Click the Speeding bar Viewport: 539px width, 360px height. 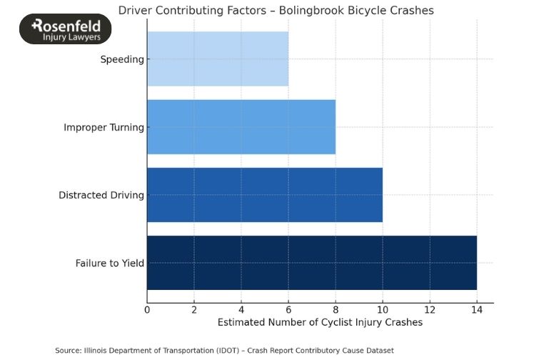pos(218,59)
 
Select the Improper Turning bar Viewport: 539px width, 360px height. pos(241,127)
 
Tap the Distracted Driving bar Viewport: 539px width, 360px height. pos(265,195)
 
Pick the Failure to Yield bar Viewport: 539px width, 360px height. pos(312,263)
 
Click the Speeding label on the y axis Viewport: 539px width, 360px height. pos(122,59)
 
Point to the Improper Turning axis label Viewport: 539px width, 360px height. pos(104,127)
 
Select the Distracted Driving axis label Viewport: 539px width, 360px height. pos(101,195)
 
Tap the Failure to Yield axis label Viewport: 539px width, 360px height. pos(110,263)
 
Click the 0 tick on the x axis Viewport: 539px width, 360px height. pos(147,309)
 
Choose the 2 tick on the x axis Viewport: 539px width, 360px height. pos(194,309)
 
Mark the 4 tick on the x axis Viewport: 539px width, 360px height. pos(241,309)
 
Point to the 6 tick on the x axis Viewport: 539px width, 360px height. pos(288,309)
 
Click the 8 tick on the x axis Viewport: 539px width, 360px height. pos(336,309)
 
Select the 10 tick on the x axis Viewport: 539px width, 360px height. pos(383,309)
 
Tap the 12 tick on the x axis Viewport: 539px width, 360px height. pos(430,309)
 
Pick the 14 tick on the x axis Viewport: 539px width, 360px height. pos(477,309)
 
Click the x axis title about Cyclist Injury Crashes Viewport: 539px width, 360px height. pos(320,323)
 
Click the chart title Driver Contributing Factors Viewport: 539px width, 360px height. pos(276,11)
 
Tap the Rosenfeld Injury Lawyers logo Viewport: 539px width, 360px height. pos(66,29)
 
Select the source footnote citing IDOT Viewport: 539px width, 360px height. pos(224,350)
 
